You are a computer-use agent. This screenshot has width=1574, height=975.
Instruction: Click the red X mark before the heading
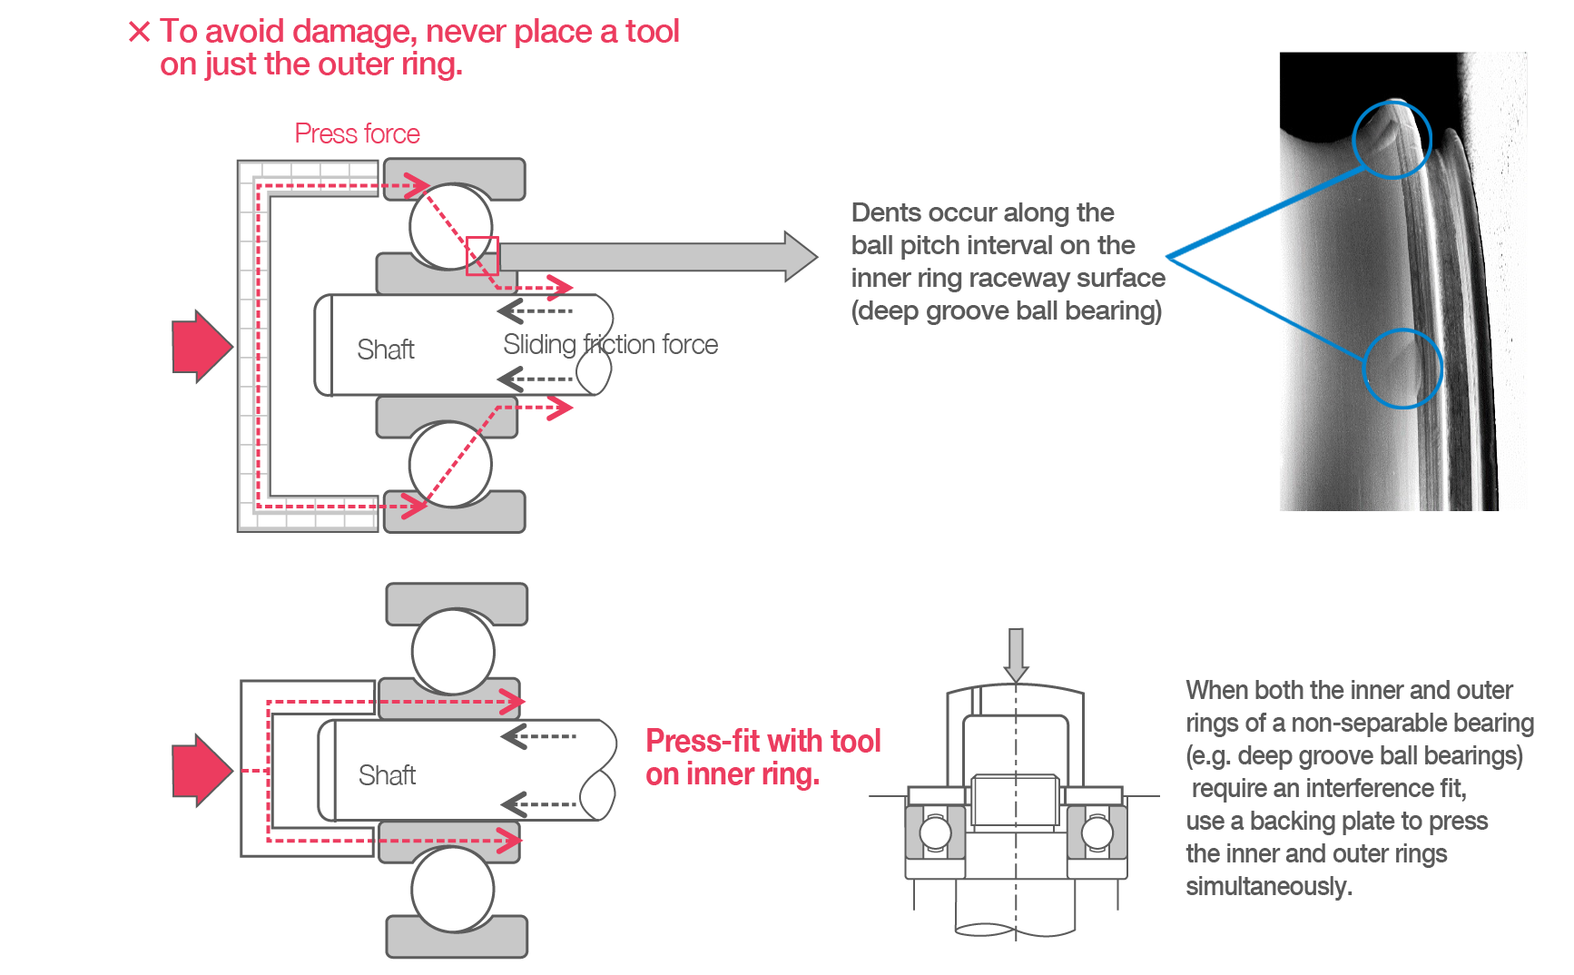click(140, 33)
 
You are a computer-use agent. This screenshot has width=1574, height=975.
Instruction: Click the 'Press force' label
click(357, 133)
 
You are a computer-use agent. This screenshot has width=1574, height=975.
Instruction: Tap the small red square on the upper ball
click(482, 255)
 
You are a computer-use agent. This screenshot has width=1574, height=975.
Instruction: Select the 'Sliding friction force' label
click(610, 344)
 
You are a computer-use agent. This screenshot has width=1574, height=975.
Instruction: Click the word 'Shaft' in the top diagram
click(386, 350)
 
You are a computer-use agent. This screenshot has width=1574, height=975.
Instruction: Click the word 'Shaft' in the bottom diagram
click(388, 775)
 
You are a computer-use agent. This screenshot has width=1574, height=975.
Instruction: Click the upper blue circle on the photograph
click(1391, 139)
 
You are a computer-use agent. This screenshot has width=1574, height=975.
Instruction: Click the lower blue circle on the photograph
click(1402, 369)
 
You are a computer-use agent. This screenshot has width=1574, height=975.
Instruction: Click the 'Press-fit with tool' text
click(762, 741)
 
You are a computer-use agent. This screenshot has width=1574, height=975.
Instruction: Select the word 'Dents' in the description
click(886, 212)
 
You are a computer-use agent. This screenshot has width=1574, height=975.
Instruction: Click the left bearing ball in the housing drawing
click(935, 832)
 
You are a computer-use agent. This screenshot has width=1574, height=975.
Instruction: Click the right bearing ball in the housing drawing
click(1097, 832)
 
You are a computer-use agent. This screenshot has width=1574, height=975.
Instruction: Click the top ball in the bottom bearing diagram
click(453, 651)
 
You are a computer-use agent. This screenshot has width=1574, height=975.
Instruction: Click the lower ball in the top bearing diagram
click(450, 465)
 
